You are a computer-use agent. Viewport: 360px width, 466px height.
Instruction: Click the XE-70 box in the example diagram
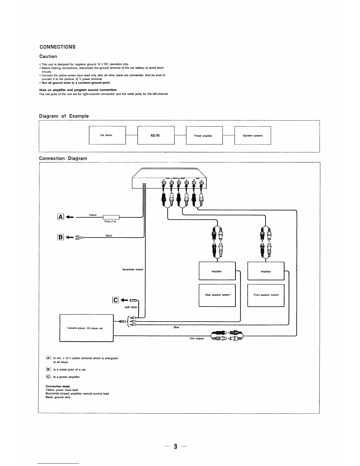156,135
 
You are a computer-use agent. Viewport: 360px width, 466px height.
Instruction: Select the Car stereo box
107,135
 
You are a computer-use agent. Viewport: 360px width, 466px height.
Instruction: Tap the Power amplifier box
204,136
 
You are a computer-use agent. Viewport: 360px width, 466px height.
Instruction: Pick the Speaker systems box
253,136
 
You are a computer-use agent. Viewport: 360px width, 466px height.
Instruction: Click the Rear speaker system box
217,295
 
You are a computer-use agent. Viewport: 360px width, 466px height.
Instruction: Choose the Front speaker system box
266,295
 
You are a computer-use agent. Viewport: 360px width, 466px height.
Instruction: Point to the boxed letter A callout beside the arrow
61,217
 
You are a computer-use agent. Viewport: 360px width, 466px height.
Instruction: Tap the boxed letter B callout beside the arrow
61,237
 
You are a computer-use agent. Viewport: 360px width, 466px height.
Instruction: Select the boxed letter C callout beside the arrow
116,300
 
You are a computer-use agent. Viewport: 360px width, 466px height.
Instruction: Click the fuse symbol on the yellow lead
111,218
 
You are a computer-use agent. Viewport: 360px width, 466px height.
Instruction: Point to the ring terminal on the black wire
80,237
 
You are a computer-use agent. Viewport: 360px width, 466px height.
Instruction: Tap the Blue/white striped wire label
133,269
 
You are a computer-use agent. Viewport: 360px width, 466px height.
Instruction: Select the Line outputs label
196,338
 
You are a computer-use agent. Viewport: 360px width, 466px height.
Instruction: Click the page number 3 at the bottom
175,447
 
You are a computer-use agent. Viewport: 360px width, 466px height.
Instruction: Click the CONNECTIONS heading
57,47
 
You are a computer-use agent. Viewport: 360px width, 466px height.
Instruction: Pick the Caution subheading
48,56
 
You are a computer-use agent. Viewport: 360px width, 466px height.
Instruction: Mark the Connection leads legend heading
58,386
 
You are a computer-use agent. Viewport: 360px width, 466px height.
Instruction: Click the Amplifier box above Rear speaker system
217,271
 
